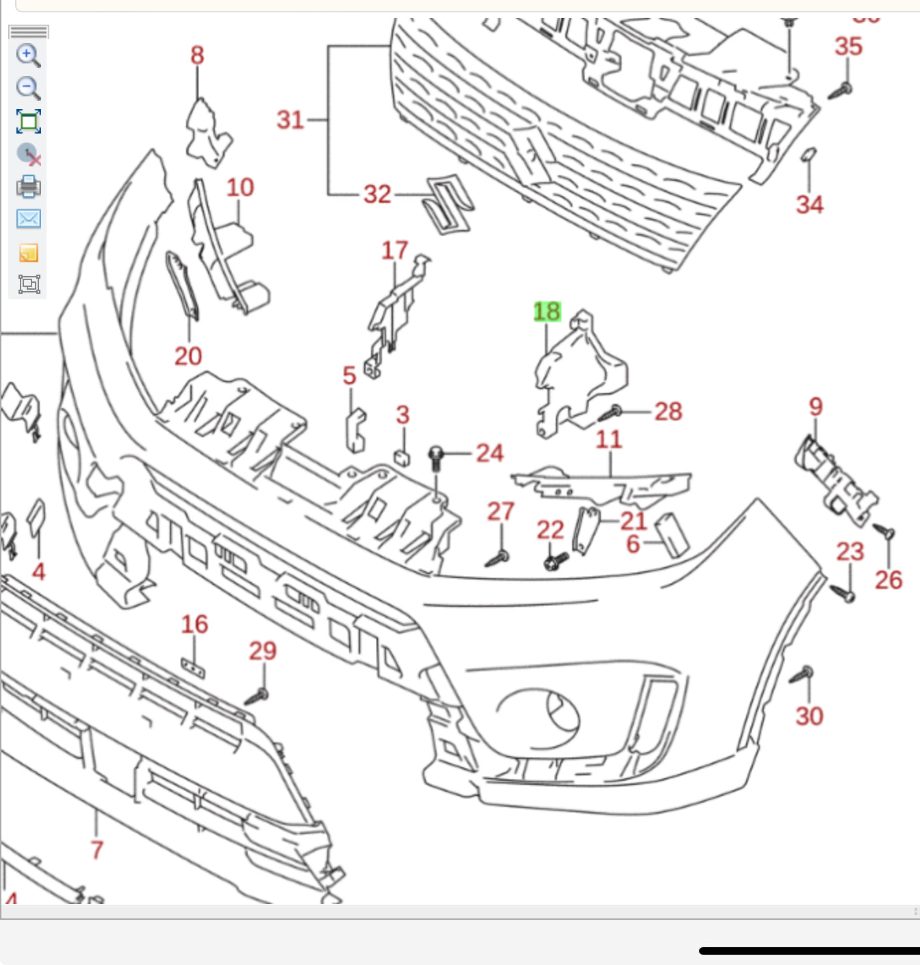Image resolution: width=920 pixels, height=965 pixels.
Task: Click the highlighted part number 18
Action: (x=547, y=312)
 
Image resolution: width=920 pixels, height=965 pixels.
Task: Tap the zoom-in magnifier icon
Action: (x=28, y=55)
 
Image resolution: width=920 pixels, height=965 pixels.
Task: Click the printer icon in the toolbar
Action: (x=29, y=186)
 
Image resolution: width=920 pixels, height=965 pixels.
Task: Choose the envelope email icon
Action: (x=29, y=219)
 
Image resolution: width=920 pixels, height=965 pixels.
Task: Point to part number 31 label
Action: (x=290, y=120)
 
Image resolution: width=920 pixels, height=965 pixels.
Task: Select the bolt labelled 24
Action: (x=436, y=457)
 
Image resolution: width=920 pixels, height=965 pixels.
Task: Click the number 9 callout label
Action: (x=815, y=406)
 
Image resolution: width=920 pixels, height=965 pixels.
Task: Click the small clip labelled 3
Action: (x=402, y=457)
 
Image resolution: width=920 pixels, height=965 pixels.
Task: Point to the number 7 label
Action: (x=97, y=849)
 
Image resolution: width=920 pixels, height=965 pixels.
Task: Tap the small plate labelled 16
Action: (x=193, y=666)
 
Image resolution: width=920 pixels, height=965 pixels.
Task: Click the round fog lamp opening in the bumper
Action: (x=539, y=719)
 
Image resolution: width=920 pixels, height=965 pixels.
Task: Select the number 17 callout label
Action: (x=395, y=251)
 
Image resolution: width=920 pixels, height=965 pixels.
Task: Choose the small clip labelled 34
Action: (x=808, y=155)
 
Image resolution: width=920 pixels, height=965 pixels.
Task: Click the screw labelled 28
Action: (x=610, y=413)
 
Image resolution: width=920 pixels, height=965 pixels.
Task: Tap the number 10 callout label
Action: (x=240, y=188)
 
